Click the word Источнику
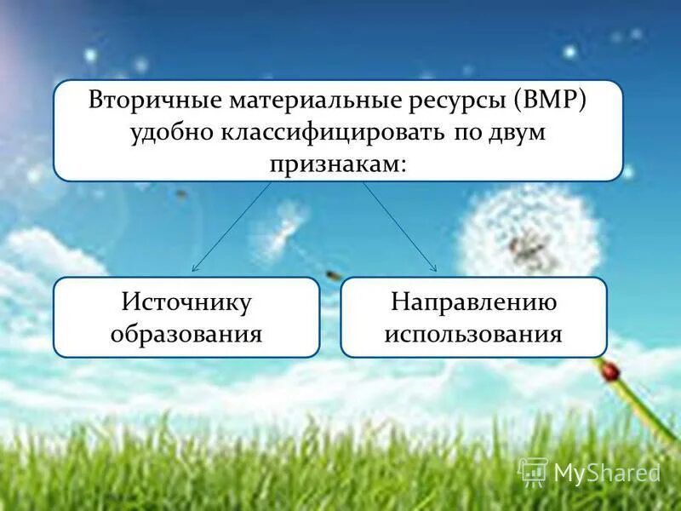click(186, 302)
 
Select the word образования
click(186, 332)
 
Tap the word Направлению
click(473, 302)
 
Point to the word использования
click(473, 332)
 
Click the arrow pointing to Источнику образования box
click(230, 228)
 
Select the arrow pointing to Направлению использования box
click(400, 228)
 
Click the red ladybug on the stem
click(609, 371)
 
